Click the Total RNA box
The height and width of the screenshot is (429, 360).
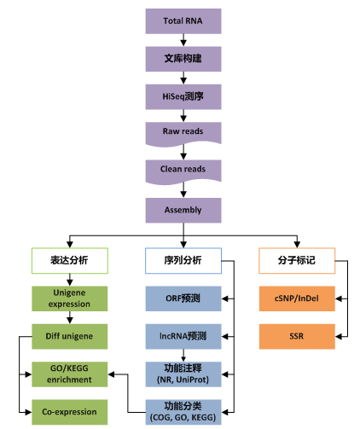click(x=184, y=20)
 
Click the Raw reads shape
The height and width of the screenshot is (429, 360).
click(x=184, y=132)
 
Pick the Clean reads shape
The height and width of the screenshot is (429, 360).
click(x=184, y=170)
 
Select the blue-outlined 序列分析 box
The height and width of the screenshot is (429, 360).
click(x=184, y=260)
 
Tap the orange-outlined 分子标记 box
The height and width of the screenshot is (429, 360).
click(x=297, y=260)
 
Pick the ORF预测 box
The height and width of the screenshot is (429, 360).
click(x=184, y=298)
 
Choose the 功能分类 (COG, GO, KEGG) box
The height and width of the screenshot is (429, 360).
click(x=184, y=410)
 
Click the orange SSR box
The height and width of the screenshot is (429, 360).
click(x=297, y=335)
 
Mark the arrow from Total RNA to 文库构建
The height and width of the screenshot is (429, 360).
click(x=184, y=38)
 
